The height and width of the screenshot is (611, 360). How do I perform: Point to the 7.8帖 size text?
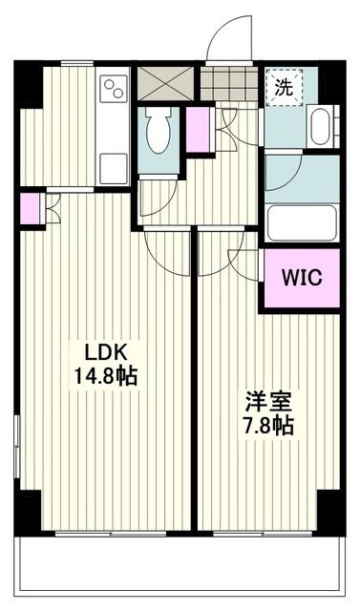tap(265, 427)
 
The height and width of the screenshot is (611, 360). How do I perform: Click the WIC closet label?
tap(301, 278)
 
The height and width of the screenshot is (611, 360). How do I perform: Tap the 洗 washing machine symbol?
tap(284, 87)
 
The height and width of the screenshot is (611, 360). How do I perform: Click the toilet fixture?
tap(158, 128)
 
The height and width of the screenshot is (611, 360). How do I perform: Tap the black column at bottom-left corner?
tap(28, 511)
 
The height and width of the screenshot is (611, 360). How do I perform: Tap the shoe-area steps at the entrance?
tap(229, 84)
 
